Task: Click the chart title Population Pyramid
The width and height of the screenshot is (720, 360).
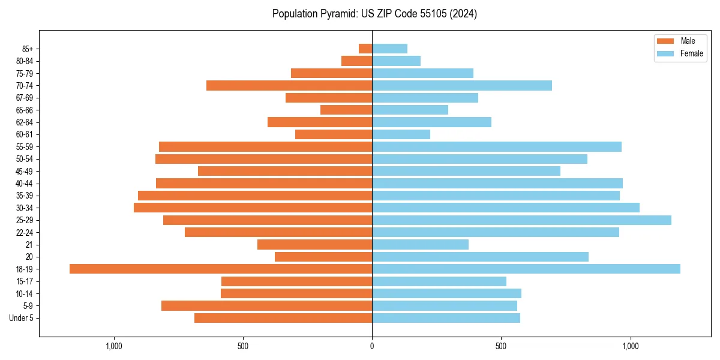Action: click(374, 14)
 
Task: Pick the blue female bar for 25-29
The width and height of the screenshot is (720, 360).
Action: click(521, 220)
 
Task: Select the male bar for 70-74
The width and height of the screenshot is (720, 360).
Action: click(289, 86)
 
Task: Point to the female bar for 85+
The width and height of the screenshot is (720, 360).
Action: click(390, 49)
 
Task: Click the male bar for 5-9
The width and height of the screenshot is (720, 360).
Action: click(266, 306)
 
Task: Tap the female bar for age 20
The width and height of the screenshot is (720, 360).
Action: click(480, 257)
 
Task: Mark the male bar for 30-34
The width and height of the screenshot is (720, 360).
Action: click(253, 208)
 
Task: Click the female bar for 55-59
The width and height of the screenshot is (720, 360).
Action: click(497, 147)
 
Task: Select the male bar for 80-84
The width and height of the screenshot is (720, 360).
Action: click(357, 61)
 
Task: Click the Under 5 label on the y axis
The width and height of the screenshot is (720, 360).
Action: click(21, 318)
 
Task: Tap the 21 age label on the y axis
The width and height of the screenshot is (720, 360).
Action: click(29, 245)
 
